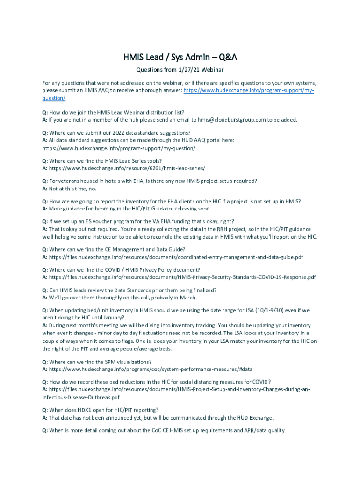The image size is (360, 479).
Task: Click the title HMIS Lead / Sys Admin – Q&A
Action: point(180,57)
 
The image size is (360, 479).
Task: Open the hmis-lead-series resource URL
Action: point(127,168)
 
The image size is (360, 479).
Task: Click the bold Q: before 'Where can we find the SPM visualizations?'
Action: point(45,362)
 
